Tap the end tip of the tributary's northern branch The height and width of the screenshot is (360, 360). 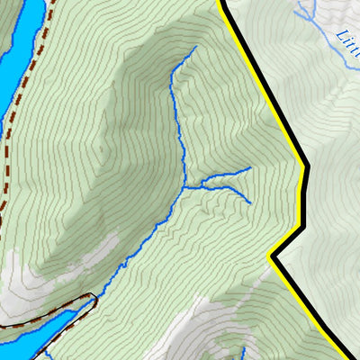coord(250,167)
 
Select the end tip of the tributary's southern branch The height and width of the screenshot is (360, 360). coord(249,202)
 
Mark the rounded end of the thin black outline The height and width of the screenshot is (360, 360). coord(91,297)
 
